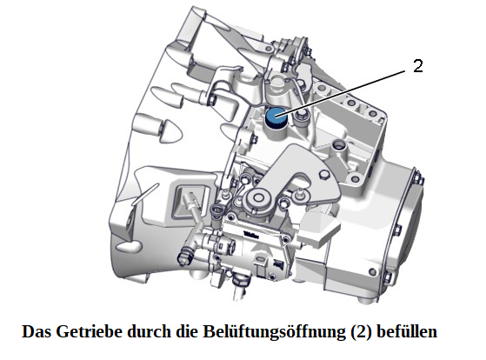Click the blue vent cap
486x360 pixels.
click(276, 117)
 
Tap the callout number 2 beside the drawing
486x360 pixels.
click(418, 66)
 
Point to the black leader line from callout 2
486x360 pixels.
click(340, 93)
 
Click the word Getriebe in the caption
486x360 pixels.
click(91, 331)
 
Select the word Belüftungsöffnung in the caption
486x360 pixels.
click(274, 331)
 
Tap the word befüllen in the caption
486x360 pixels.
click(407, 331)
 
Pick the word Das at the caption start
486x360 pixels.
click(37, 331)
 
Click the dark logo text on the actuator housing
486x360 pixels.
click(250, 235)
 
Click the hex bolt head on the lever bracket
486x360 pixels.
click(323, 175)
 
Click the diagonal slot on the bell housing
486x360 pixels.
click(145, 195)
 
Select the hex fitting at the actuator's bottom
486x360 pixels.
click(240, 281)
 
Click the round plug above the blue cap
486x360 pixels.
click(276, 82)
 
